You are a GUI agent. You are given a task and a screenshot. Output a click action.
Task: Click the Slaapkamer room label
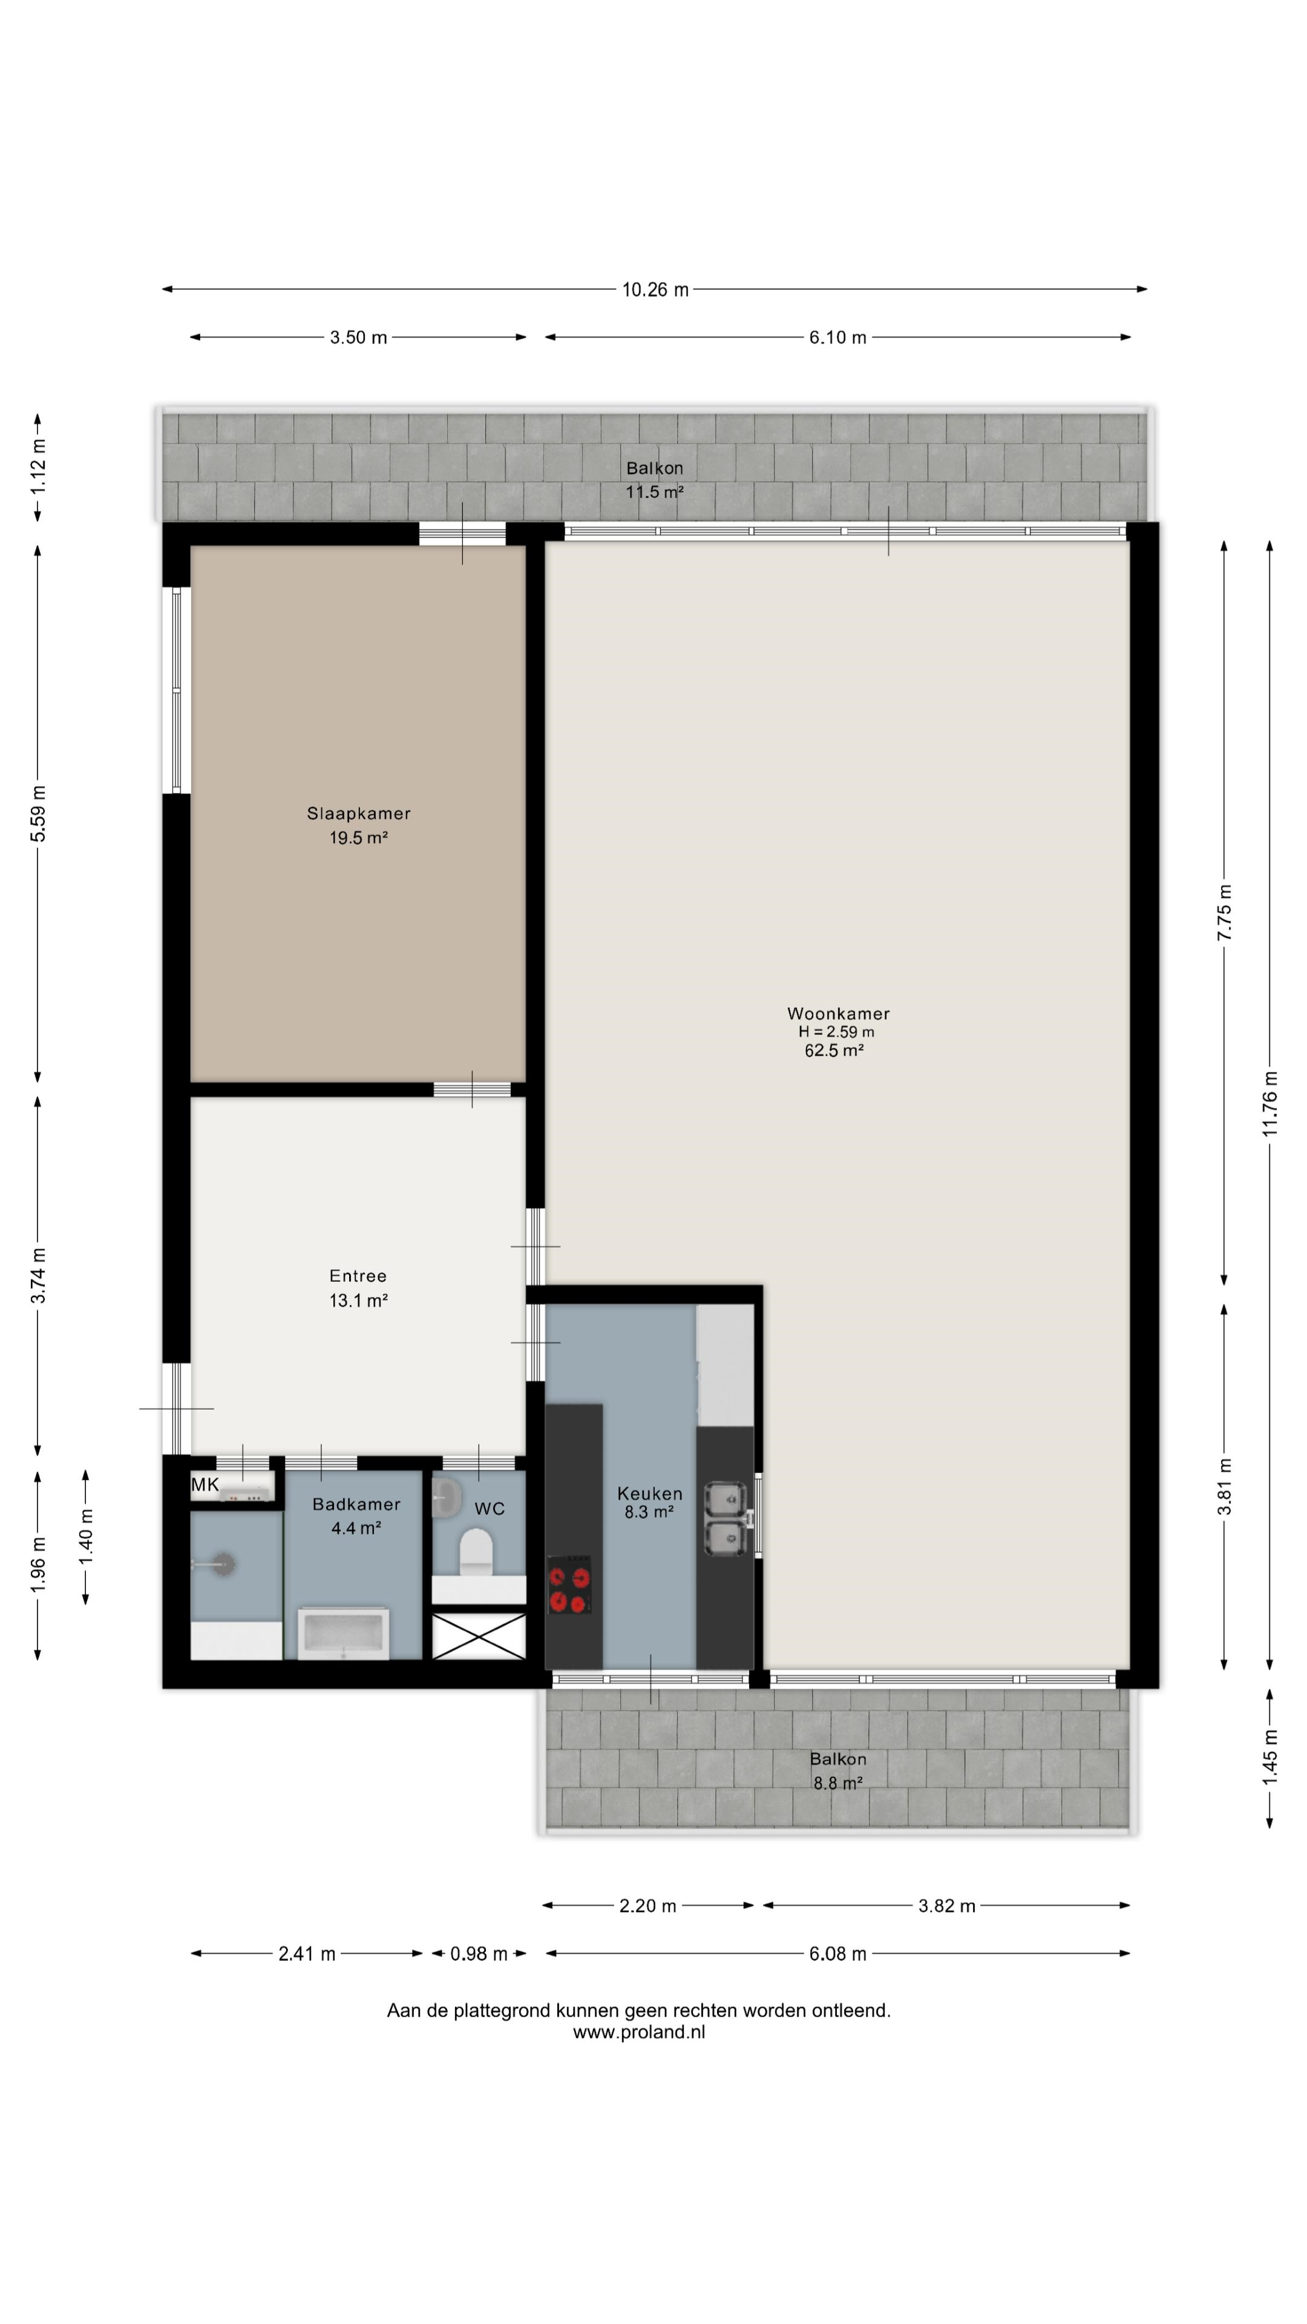click(359, 814)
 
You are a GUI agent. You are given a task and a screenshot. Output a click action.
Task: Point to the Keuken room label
click(649, 1494)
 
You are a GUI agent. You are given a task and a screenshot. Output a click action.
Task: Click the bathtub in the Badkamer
click(344, 1633)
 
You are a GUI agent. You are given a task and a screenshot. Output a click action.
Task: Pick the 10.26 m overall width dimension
click(655, 290)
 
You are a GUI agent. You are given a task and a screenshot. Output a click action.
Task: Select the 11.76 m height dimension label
click(1270, 1103)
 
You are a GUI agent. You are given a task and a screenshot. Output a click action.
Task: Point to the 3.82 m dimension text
click(947, 1906)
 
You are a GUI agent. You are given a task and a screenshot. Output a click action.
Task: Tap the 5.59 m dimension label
click(38, 814)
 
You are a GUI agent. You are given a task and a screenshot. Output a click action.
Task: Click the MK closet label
click(205, 1485)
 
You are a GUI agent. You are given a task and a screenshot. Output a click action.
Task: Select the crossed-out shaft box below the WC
click(479, 1636)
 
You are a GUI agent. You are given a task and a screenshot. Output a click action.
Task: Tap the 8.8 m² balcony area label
click(838, 1784)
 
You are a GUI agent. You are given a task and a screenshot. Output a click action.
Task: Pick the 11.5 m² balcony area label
click(655, 491)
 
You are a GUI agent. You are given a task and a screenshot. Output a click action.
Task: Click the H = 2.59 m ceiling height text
click(836, 1032)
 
